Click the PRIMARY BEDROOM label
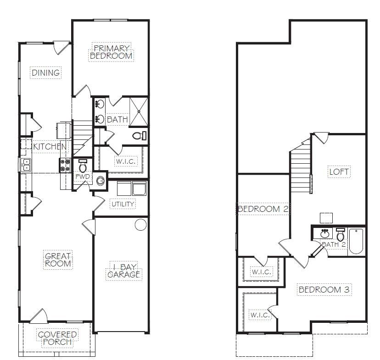click(x=111, y=52)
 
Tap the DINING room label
click(x=45, y=72)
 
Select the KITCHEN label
click(x=50, y=146)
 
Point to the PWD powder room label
click(x=83, y=177)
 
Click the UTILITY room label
click(x=123, y=204)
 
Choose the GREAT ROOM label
click(x=58, y=260)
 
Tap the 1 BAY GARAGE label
click(x=123, y=271)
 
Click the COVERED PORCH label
click(x=57, y=338)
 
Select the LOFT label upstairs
click(x=339, y=172)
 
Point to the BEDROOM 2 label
click(x=263, y=209)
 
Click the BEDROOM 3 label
click(x=324, y=289)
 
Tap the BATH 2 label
click(x=334, y=244)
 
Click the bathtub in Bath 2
click(x=356, y=241)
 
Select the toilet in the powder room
click(x=83, y=166)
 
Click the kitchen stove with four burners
click(x=65, y=165)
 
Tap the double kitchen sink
click(x=25, y=165)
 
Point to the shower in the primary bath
click(x=139, y=111)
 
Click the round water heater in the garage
click(x=140, y=224)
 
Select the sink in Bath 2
click(x=325, y=233)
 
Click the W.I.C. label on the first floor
click(x=126, y=161)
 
